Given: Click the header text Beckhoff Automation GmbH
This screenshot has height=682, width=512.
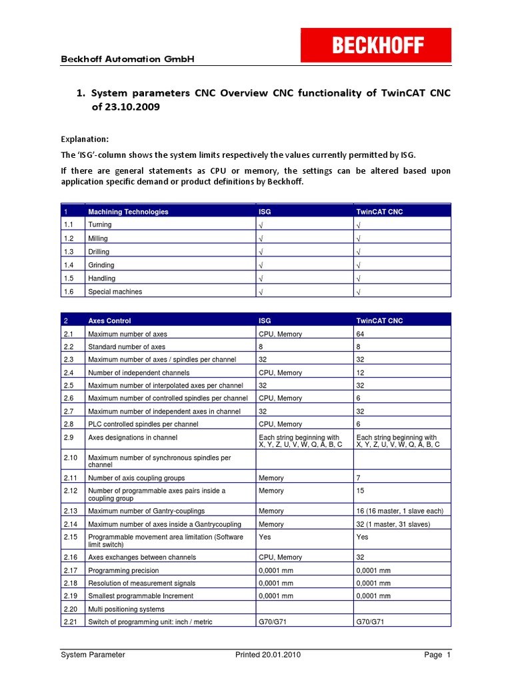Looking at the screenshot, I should click(x=127, y=59).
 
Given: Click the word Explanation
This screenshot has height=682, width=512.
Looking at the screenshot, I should click(x=85, y=139).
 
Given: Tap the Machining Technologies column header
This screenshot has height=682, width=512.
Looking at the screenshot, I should click(x=128, y=212).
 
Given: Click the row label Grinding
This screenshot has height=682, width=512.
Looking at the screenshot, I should click(x=101, y=265).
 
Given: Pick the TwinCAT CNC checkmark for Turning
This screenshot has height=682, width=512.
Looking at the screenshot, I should click(x=359, y=225).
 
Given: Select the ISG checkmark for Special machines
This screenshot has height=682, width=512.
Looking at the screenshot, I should click(x=261, y=292).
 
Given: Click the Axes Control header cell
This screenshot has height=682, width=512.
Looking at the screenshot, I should click(x=109, y=321).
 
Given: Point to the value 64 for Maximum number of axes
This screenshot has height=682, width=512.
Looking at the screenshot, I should click(x=361, y=334).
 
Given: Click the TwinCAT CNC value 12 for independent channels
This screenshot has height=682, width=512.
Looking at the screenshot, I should click(x=361, y=373).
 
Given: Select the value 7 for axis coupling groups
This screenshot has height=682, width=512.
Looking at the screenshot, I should click(x=359, y=478).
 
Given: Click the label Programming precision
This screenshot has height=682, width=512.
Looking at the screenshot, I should click(x=123, y=570).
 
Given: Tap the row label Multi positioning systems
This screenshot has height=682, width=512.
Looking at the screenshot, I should click(x=126, y=609).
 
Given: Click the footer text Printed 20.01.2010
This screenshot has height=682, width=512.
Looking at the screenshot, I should click(x=268, y=655).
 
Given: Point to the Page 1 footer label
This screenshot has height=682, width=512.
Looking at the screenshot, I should click(x=437, y=655).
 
